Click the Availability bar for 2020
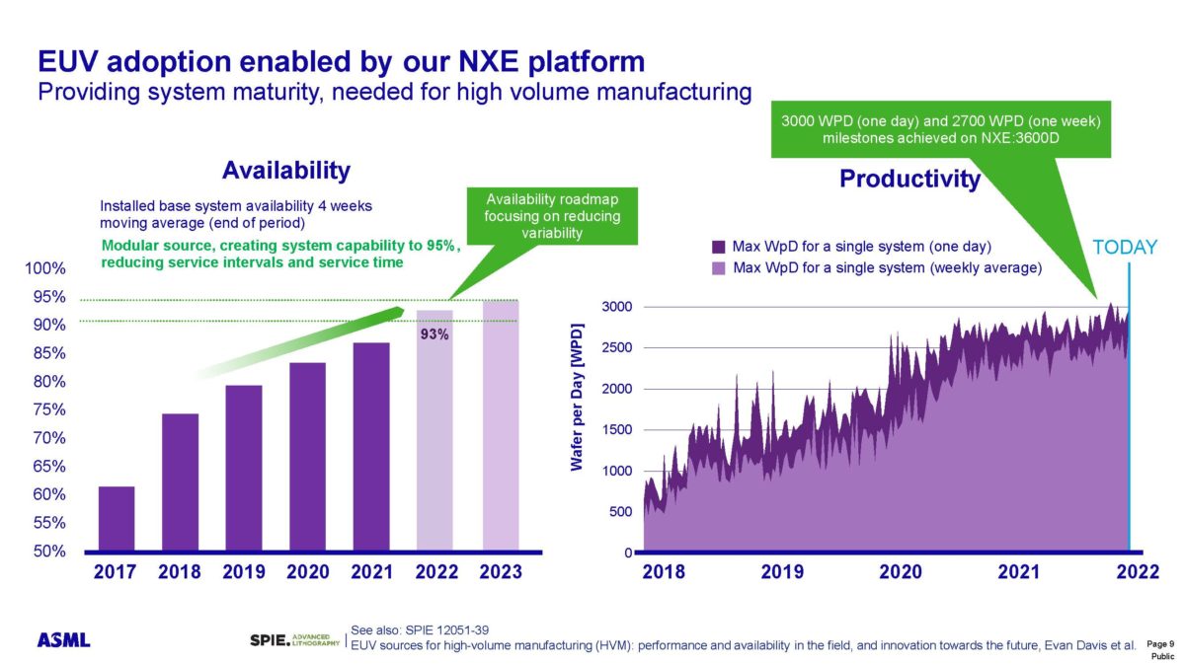[x=307, y=456]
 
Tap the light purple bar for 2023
[x=500, y=425]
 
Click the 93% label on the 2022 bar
[x=434, y=334]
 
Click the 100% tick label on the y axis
[x=45, y=268]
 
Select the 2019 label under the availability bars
[x=243, y=572]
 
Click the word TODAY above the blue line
[x=1125, y=248]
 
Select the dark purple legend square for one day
[x=719, y=246]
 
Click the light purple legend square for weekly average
[x=719, y=267]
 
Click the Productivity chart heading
[x=909, y=179]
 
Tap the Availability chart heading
[x=285, y=171]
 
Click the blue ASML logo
[x=64, y=640]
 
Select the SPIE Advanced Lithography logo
[x=295, y=640]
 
